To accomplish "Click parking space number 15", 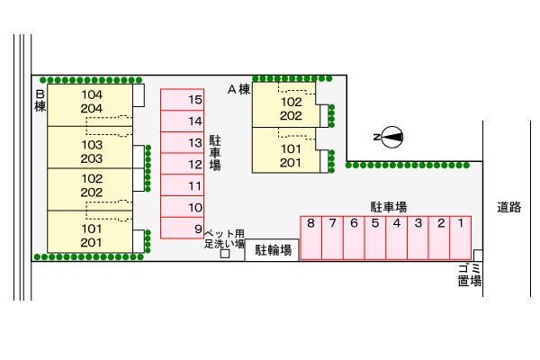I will pyautogui.click(x=183, y=99).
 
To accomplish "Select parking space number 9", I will pyautogui.click(x=183, y=229).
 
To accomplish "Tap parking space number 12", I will pyautogui.click(x=183, y=164).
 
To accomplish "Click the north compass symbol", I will pyautogui.click(x=391, y=137).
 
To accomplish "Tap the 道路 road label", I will pyautogui.click(x=508, y=207).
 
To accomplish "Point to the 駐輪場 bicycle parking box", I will pyautogui.click(x=273, y=251).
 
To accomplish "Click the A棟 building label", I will pyautogui.click(x=238, y=89).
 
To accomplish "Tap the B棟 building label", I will pyautogui.click(x=40, y=100).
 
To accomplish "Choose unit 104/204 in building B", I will pyautogui.click(x=92, y=102).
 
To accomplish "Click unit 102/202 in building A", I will pyautogui.click(x=290, y=108).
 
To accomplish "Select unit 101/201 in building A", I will pyautogui.click(x=290, y=156).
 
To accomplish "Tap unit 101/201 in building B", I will pyautogui.click(x=92, y=236).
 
